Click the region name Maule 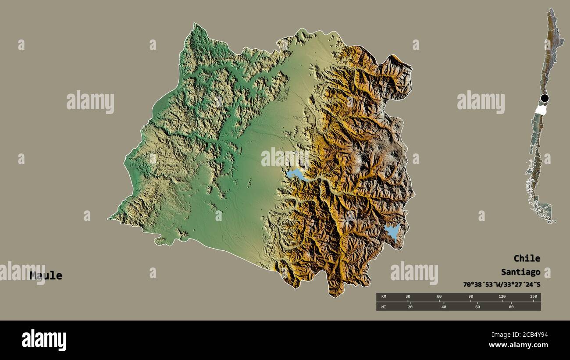46,276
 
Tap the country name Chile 527,258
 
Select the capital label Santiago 520,272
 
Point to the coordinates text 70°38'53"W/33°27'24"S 502,285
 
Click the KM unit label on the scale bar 384,297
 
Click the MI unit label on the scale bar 384,307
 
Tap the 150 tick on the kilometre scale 533,297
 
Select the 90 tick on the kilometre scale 470,297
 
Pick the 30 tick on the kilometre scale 408,297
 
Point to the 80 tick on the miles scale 511,307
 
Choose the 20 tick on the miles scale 410,307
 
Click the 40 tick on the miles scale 444,307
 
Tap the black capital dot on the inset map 545,98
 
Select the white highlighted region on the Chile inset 541,109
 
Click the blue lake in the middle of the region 297,175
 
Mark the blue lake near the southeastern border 392,231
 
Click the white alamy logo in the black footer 44,340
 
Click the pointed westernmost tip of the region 109,218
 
